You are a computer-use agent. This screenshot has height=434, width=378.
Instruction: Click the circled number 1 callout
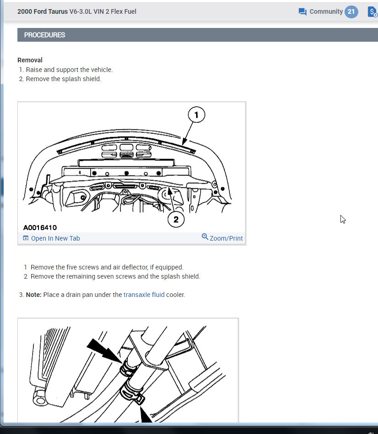[x=197, y=115]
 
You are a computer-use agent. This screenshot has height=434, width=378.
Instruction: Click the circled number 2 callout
[x=176, y=220]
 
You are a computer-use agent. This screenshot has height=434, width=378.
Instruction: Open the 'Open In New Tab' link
[x=55, y=238]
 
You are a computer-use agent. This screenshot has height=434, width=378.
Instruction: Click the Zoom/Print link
[x=226, y=238]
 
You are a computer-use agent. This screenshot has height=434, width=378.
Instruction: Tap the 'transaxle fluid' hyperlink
[x=144, y=295]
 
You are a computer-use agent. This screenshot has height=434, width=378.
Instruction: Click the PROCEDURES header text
[x=44, y=35]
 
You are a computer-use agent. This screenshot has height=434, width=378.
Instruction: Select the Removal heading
[x=30, y=60]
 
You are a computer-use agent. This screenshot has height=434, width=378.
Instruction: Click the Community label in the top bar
[x=326, y=11]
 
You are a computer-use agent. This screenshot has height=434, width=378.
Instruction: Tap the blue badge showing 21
[x=351, y=11]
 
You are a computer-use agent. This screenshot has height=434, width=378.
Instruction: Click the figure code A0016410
[x=40, y=227]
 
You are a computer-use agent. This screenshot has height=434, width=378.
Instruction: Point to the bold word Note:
[x=33, y=295]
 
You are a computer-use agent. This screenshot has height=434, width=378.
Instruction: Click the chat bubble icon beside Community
[x=302, y=12]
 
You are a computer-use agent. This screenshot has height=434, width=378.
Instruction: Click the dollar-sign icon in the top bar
[x=373, y=12]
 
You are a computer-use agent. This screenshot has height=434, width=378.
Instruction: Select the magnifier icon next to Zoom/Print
[x=205, y=236]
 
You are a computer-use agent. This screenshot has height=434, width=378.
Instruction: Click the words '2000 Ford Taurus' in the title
[x=43, y=11]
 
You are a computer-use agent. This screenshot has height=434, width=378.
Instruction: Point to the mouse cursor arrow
[x=343, y=219]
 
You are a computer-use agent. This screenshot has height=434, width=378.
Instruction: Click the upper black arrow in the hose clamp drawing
[x=104, y=351]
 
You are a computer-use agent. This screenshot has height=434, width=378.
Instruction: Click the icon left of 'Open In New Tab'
[x=26, y=238]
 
